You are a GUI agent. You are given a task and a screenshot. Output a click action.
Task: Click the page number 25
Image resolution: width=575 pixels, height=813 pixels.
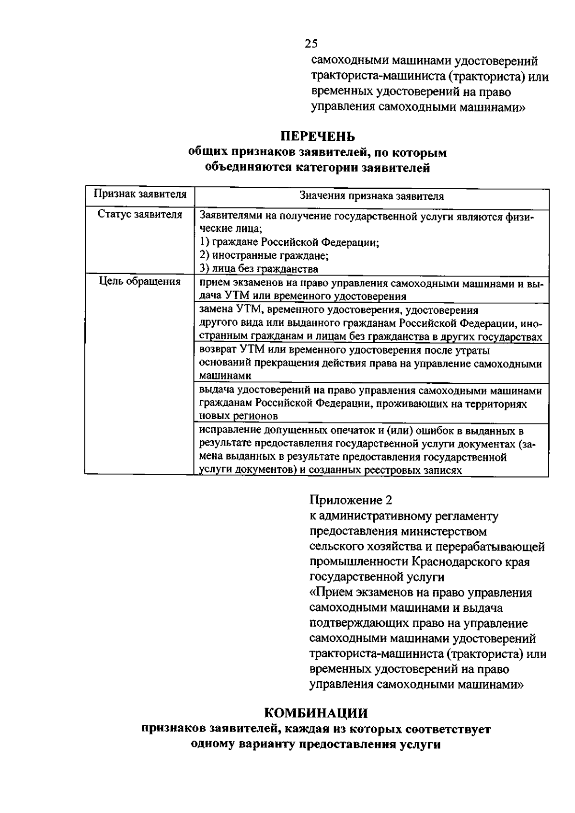click(x=311, y=44)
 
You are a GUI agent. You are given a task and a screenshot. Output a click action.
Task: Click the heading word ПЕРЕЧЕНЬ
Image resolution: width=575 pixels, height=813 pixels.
click(x=317, y=137)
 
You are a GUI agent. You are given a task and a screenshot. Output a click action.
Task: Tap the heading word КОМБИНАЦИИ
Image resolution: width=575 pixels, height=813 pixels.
click(x=316, y=713)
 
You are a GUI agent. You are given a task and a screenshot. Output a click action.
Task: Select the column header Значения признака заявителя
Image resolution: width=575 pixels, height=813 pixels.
click(x=371, y=196)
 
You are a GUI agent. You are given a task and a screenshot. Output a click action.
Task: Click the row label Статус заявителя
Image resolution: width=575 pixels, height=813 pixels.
click(x=140, y=215)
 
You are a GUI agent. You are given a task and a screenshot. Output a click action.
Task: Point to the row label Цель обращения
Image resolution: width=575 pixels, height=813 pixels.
click(x=140, y=281)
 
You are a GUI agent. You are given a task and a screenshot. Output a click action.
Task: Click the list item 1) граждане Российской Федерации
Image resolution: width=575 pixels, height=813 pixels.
click(x=289, y=242)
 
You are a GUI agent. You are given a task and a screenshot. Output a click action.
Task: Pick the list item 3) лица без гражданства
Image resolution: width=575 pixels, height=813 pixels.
click(x=259, y=268)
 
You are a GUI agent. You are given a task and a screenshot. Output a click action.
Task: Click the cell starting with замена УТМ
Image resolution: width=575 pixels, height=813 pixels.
click(x=370, y=323)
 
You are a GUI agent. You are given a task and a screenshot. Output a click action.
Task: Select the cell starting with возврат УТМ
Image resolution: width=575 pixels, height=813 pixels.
click(x=370, y=363)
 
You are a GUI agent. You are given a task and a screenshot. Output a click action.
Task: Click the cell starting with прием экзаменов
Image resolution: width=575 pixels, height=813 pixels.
click(x=370, y=289)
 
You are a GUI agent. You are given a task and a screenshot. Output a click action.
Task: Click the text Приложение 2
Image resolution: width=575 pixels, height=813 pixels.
click(x=351, y=500)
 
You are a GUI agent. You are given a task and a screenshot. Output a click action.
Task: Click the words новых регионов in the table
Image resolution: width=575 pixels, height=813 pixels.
click(x=239, y=416)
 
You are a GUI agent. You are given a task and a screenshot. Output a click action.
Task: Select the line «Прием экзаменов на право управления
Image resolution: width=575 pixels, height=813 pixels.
click(x=421, y=593)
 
